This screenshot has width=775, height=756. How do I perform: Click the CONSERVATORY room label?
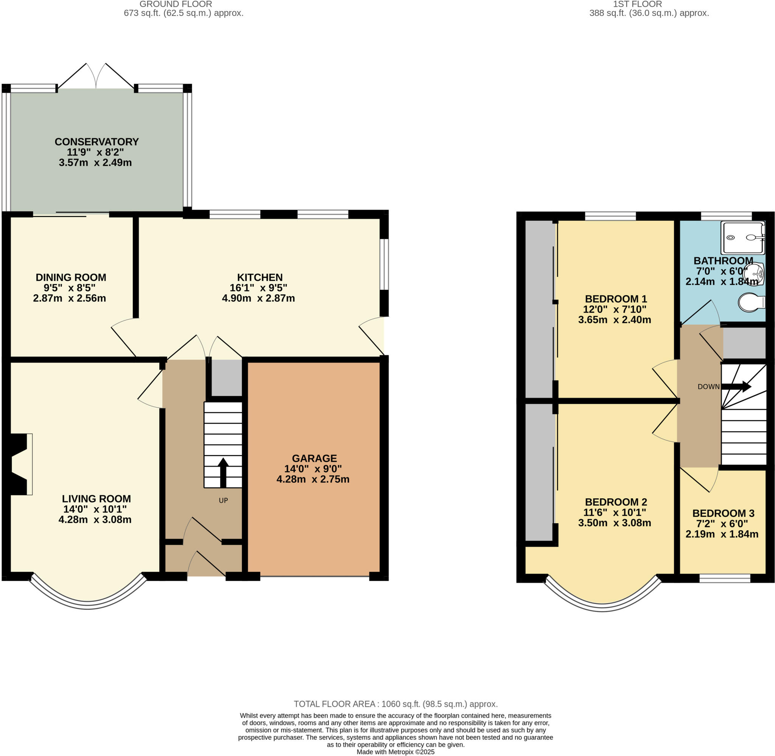click(96, 142)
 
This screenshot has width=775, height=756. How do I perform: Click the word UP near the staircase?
click(224, 501)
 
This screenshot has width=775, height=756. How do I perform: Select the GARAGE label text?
click(314, 458)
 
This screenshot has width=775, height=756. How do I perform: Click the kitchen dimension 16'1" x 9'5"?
click(258, 288)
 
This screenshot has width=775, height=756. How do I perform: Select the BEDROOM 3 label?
click(723, 513)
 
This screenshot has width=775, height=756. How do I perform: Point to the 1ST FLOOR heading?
click(637, 5)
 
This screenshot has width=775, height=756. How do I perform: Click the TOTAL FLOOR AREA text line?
click(395, 704)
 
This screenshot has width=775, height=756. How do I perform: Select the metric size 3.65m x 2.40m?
click(614, 320)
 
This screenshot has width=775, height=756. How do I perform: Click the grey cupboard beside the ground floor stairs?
click(226, 377)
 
